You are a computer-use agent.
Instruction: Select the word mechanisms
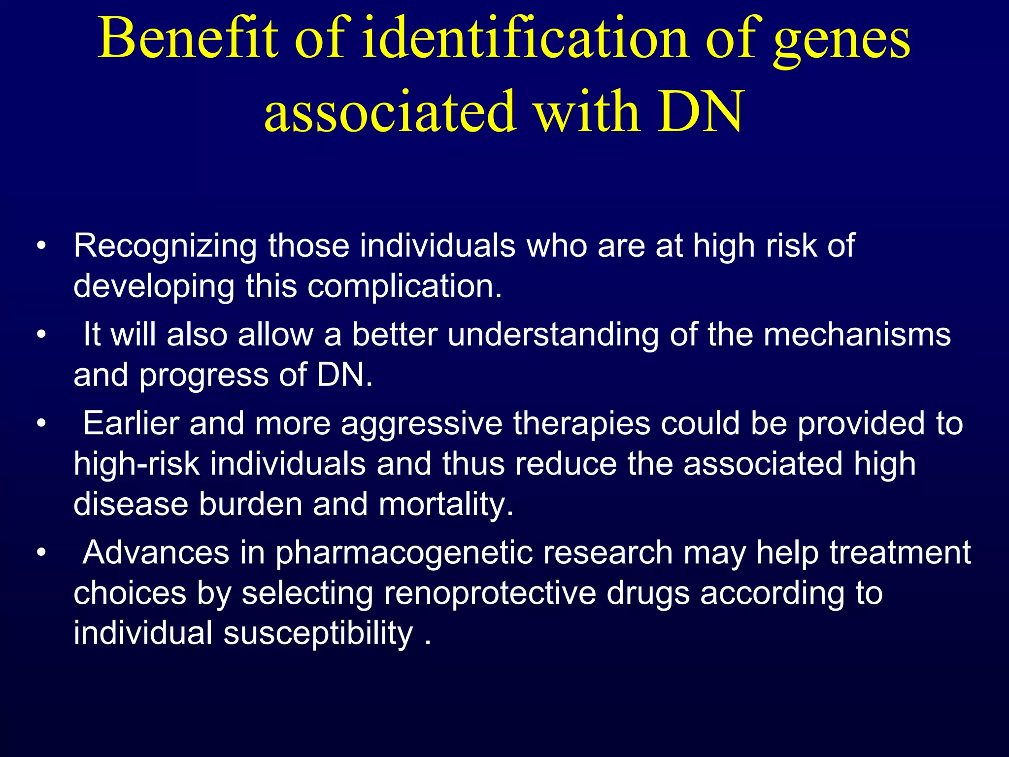tap(857, 335)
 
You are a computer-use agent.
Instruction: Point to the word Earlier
tap(131, 424)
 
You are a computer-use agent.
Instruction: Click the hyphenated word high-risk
tap(136, 464)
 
